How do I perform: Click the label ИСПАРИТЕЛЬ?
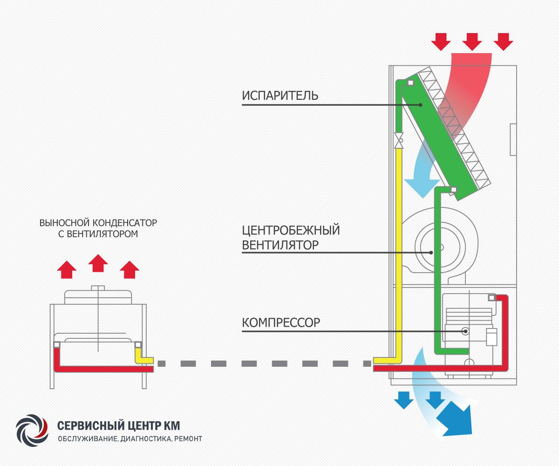tap(280, 96)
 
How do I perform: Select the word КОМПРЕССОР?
tap(281, 322)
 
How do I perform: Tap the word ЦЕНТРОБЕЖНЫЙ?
tap(291, 230)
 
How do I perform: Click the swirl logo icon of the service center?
tap(32, 429)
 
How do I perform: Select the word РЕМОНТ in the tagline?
tap(189, 439)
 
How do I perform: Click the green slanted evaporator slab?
tap(438, 135)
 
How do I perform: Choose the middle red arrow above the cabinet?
tap(472, 42)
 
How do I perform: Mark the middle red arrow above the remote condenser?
tap(98, 264)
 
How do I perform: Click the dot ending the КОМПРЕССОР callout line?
tap(465, 331)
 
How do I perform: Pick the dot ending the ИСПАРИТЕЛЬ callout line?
tap(420, 105)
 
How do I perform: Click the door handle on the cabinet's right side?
tap(513, 139)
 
